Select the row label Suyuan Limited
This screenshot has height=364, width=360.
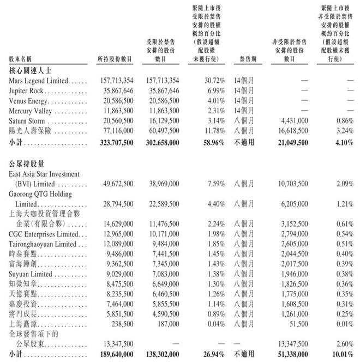(30, 274)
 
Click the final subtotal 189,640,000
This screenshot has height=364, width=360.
(113, 355)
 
